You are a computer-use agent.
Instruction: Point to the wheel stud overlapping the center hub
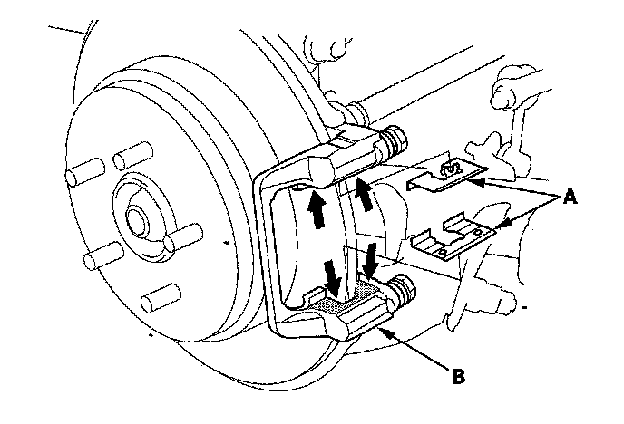172,242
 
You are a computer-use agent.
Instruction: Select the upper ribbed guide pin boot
393,142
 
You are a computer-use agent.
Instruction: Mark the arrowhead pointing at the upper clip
480,182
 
